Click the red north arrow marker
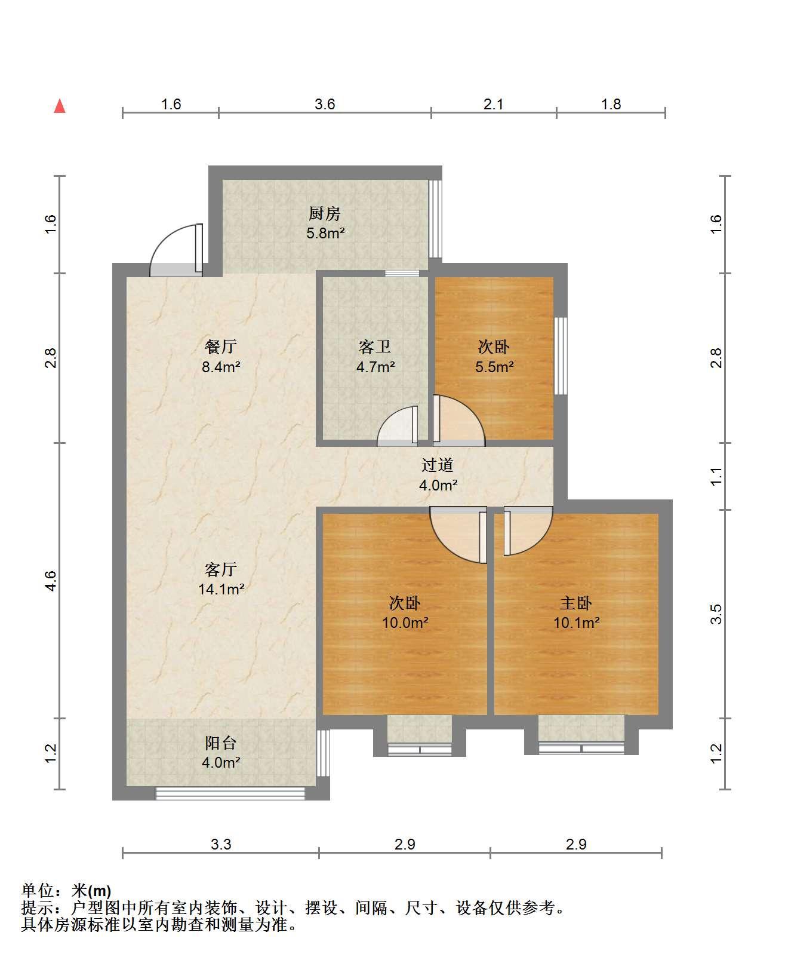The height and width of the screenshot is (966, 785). click(x=59, y=106)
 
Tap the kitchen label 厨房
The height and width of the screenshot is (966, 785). click(x=324, y=214)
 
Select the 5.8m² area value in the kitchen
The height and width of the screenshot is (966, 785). click(x=325, y=233)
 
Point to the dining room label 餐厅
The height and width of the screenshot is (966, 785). click(x=221, y=347)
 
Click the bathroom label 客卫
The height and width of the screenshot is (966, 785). click(x=375, y=347)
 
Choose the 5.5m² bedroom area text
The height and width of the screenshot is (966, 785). click(x=494, y=366)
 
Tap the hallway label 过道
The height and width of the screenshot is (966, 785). click(x=438, y=465)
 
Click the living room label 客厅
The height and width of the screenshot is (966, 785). click(x=221, y=569)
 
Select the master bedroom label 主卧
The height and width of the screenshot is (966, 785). click(x=575, y=603)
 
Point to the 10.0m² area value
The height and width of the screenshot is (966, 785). click(x=405, y=622)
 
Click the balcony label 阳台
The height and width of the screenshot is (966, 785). click(x=221, y=743)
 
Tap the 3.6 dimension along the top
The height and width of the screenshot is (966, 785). click(x=325, y=105)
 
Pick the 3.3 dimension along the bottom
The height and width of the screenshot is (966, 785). click(x=221, y=845)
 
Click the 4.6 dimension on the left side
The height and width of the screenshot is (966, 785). click(x=51, y=581)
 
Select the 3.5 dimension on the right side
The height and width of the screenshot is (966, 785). click(x=716, y=614)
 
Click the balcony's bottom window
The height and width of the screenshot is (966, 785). click(x=230, y=793)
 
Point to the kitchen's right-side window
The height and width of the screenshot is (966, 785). click(x=435, y=219)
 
